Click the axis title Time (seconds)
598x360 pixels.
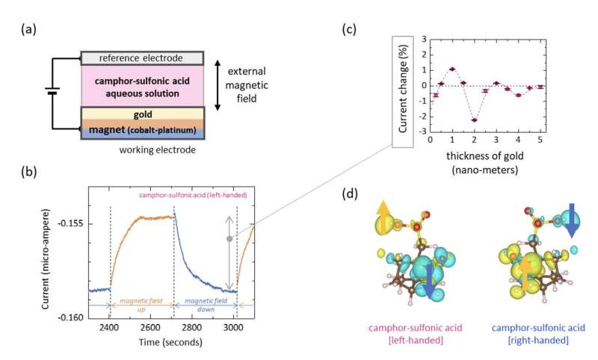click(x=161, y=341)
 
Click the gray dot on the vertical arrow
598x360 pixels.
click(x=229, y=238)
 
